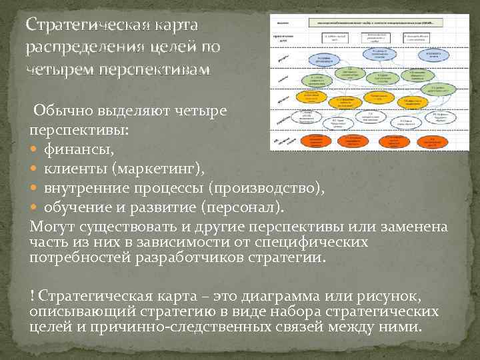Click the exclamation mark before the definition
(x=32, y=295)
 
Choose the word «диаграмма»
(x=266, y=295)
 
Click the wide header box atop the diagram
(x=375, y=23)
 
